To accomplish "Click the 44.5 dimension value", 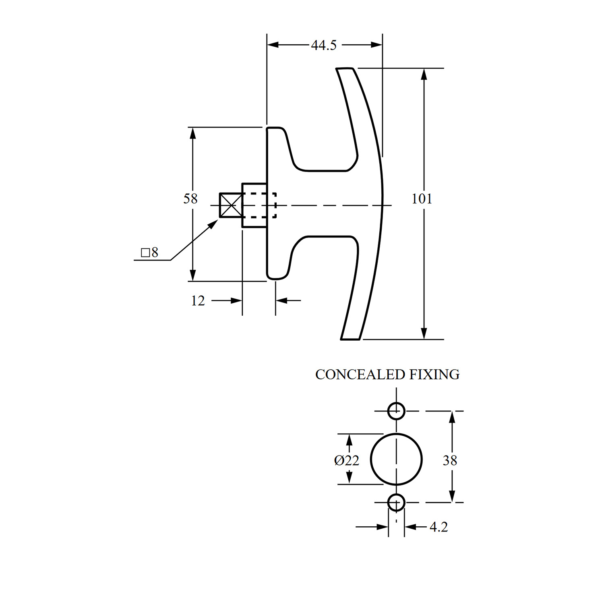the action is click(324, 45).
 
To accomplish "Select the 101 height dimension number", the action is click(422, 199).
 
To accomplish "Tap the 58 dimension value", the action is click(190, 199).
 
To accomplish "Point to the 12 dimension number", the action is click(198, 300).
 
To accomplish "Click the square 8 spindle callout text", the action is click(149, 252).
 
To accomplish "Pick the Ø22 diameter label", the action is click(346, 460).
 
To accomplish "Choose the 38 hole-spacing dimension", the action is click(450, 460).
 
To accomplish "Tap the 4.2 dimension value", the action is click(439, 527).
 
